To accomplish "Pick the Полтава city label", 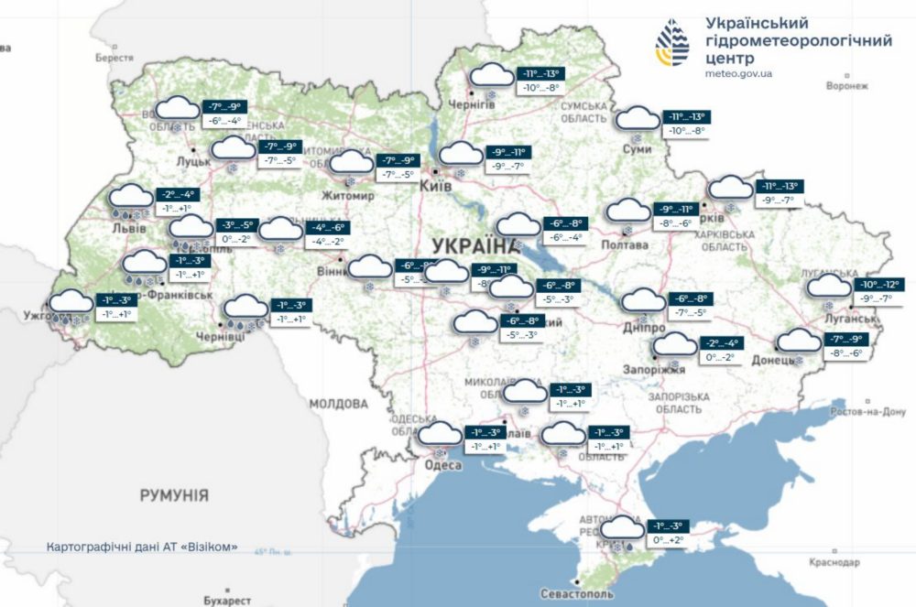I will (x=624, y=244).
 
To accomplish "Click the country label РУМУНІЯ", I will (x=174, y=495).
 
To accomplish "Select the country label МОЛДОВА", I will (x=338, y=404).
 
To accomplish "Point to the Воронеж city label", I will (x=845, y=86).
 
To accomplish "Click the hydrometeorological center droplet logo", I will (x=676, y=44).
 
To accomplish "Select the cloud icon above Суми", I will (x=638, y=119).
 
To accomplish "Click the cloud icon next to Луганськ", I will (x=829, y=287).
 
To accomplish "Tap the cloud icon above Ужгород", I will (x=71, y=301).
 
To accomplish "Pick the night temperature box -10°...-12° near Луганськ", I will (x=880, y=285).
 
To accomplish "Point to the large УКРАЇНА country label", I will (x=473, y=245).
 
